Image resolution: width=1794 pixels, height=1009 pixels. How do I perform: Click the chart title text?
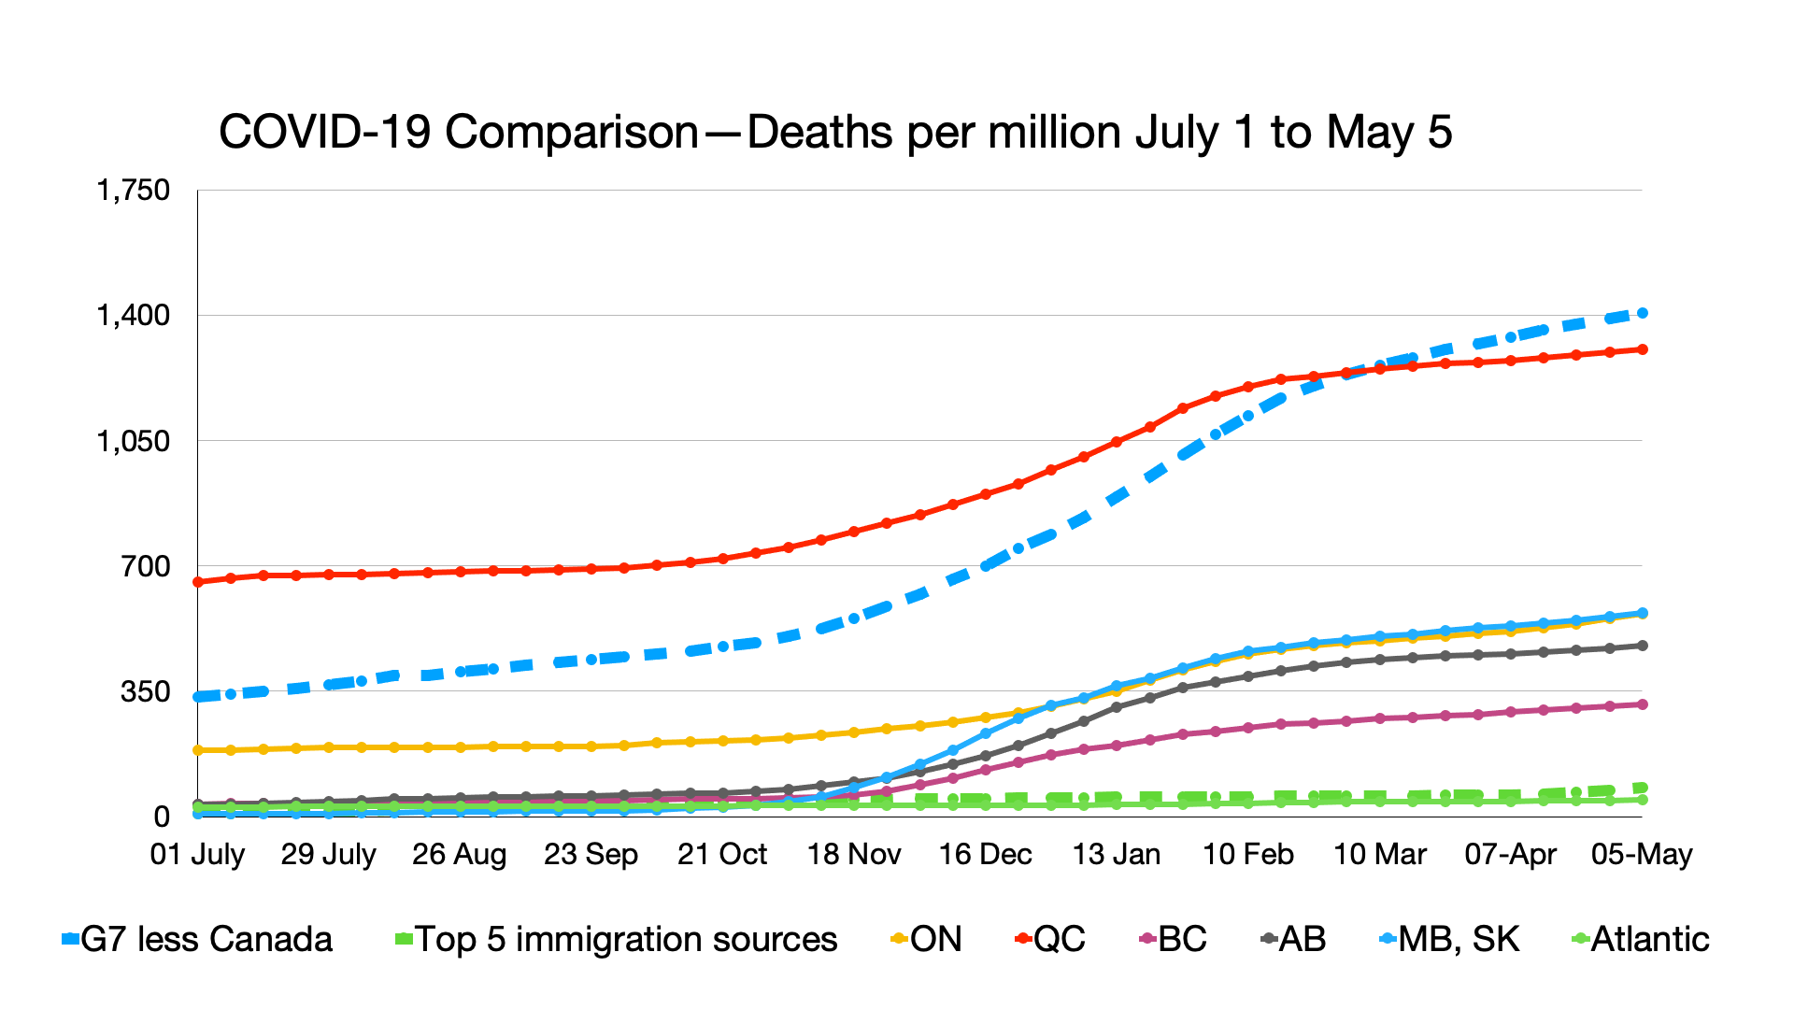click(834, 132)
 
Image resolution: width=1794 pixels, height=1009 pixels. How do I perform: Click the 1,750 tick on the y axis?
click(133, 190)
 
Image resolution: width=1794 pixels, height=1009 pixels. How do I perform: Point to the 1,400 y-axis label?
click(133, 315)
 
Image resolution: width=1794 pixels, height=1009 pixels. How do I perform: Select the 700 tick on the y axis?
click(146, 565)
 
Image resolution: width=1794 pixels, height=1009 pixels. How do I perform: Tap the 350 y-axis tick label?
click(146, 691)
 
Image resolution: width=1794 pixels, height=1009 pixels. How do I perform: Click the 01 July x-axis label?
click(197, 854)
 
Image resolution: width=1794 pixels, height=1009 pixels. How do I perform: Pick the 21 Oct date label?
click(721, 854)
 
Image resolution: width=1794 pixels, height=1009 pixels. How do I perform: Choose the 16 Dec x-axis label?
click(985, 854)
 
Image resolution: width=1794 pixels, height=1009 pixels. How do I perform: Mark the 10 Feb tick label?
click(1247, 854)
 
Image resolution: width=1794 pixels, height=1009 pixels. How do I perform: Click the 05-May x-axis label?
click(1642, 854)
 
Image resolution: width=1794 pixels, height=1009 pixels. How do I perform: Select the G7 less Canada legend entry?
click(197, 939)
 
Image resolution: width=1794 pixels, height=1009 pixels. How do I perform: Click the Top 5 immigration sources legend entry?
click(617, 939)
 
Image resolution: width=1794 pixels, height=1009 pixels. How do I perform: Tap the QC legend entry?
click(1050, 939)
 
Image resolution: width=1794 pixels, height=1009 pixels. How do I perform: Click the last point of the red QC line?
click(1642, 349)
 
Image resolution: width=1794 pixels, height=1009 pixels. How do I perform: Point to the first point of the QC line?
click(198, 582)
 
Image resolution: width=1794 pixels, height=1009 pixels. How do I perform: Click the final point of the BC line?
click(1642, 704)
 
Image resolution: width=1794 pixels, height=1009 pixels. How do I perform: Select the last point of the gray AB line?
click(1642, 646)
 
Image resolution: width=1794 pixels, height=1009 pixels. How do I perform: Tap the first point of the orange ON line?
click(198, 750)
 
